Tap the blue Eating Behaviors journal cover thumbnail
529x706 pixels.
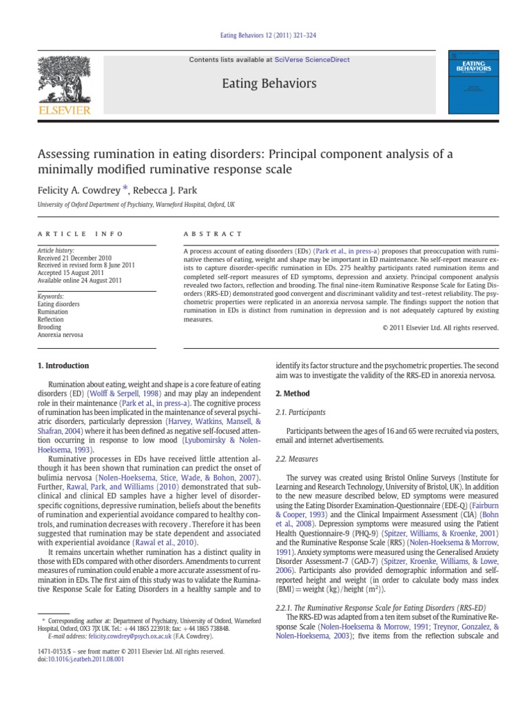473,81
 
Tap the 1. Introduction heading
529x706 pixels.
63,365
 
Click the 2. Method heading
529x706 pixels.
293,393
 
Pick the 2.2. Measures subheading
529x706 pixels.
295,458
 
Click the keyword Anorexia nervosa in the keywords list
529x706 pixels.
60,335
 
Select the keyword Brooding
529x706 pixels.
50,327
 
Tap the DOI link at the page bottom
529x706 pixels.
72,659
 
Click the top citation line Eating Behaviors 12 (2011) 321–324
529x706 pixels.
264,35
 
